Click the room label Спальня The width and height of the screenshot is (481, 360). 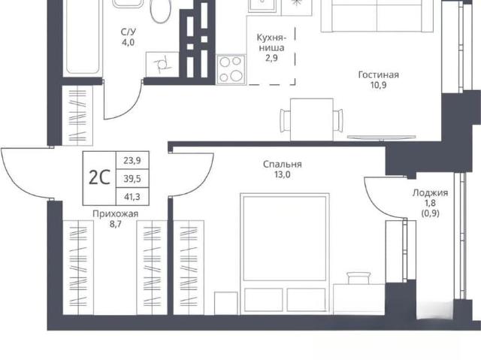(283, 165)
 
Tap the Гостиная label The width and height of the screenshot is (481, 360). (378, 75)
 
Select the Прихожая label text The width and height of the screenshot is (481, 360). (115, 213)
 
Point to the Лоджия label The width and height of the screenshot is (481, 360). (430, 192)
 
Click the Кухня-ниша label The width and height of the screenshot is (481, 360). (271, 43)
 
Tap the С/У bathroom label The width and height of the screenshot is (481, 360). (129, 32)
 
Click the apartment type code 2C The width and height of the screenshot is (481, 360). (99, 177)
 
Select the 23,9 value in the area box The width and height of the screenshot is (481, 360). (132, 160)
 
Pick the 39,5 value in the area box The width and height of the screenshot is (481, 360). (132, 178)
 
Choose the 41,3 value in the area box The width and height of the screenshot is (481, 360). (132, 197)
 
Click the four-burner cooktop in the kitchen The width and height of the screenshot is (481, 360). (231, 70)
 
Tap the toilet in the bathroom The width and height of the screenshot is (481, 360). (160, 11)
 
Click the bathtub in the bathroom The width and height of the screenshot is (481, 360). (83, 37)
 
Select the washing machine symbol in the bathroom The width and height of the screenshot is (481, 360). (162, 65)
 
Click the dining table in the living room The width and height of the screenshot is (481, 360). (312, 119)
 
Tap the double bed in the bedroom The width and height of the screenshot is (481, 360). (285, 253)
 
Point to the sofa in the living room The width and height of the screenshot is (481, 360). (377, 15)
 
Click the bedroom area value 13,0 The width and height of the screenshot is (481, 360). (283, 175)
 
